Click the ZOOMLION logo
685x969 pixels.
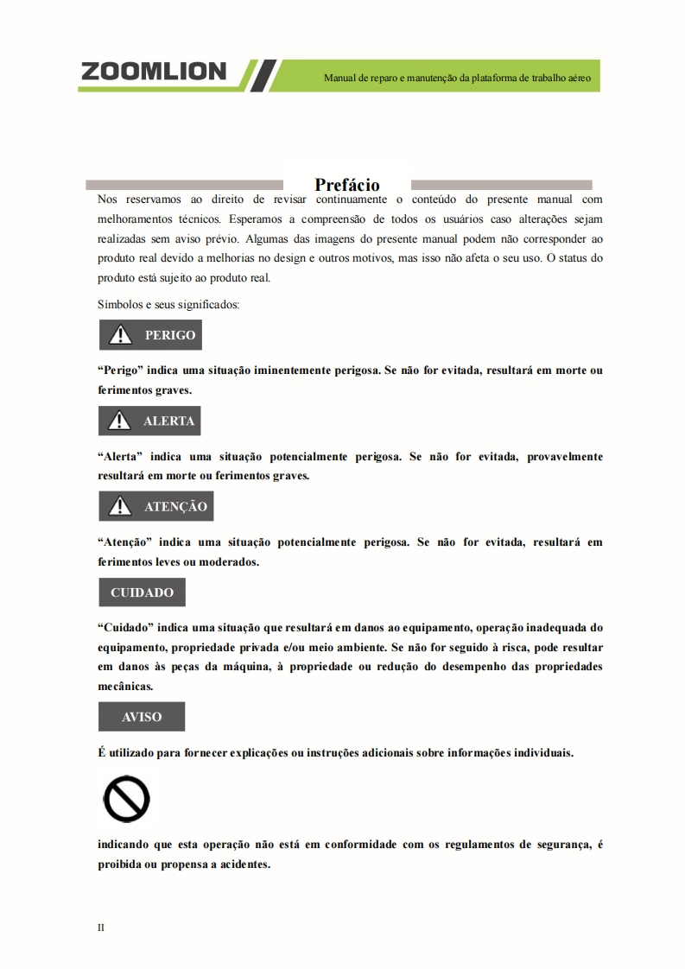pos(154,72)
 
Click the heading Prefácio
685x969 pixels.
pos(347,185)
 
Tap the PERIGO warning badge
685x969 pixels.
pos(150,335)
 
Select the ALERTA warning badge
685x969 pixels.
pos(149,421)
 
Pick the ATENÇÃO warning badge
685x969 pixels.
pos(155,507)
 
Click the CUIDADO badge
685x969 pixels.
pos(142,592)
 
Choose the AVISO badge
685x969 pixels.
pos(142,717)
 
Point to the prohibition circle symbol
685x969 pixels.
pos(126,800)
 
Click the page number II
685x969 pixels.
pos(101,928)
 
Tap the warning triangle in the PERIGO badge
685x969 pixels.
pos(120,335)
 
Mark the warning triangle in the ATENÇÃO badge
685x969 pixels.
pos(120,507)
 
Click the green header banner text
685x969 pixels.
pos(457,78)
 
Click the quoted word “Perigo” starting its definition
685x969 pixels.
pos(120,370)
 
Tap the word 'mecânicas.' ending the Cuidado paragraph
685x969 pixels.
pos(126,687)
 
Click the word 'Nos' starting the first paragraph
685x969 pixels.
pos(108,199)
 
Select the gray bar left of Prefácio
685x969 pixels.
pos(185,185)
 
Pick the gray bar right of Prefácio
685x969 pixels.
pos(501,185)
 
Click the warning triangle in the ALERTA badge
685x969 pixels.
pos(120,421)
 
